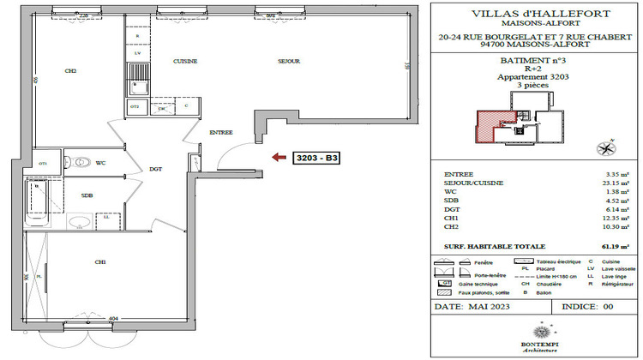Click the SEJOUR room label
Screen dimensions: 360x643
(x=287, y=62)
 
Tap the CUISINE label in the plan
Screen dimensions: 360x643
(x=185, y=62)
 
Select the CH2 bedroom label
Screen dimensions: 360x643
(x=70, y=71)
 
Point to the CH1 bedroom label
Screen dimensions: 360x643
(x=100, y=261)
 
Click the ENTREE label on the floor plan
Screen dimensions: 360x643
(x=221, y=132)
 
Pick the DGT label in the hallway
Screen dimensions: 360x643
(x=156, y=169)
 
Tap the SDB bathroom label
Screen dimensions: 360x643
(x=87, y=195)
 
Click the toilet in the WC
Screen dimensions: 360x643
(x=81, y=161)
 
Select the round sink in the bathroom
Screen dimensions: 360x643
(x=79, y=222)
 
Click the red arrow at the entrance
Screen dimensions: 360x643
(x=279, y=157)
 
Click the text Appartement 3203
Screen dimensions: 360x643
(x=534, y=77)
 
